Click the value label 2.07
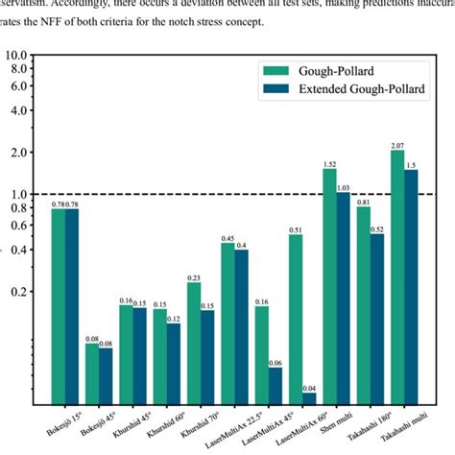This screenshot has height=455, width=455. (396, 145)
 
